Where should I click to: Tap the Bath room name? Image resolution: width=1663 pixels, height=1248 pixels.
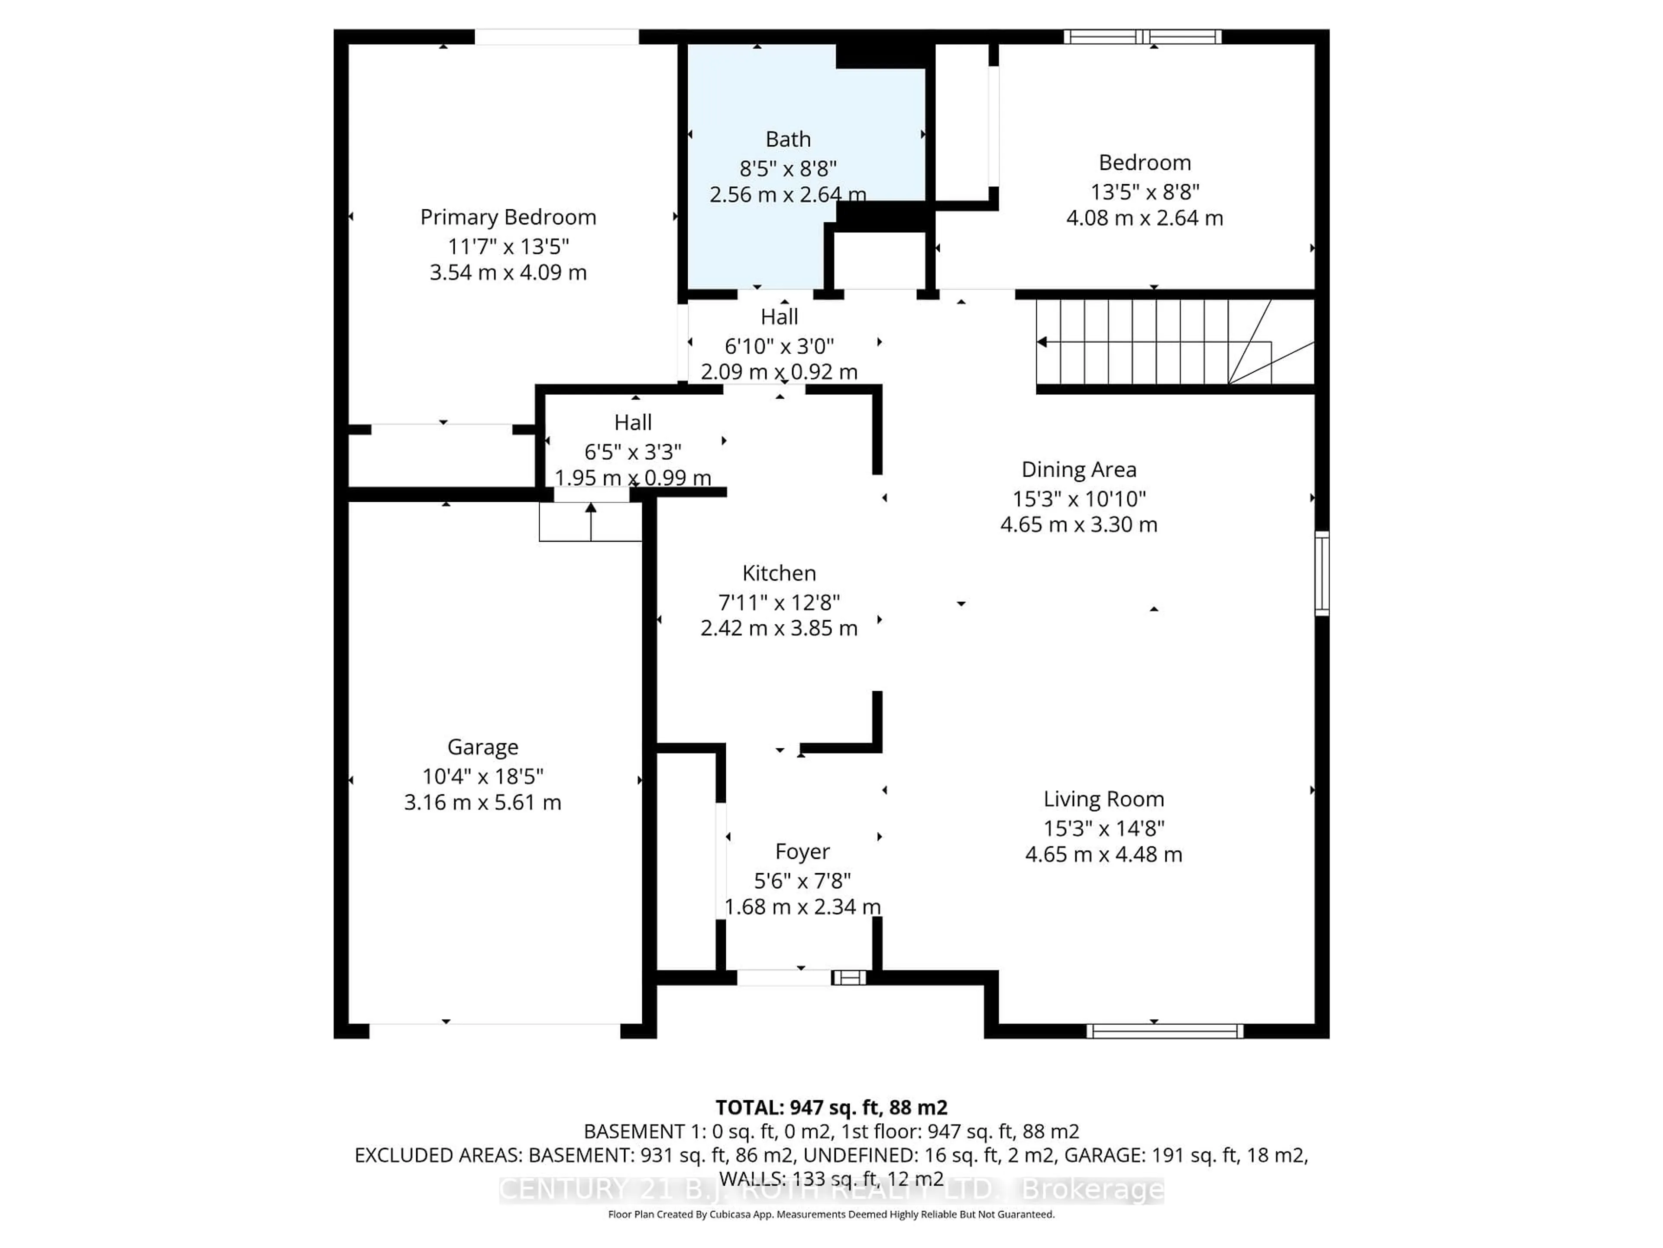[788, 139]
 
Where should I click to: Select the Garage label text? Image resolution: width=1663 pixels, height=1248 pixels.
[483, 747]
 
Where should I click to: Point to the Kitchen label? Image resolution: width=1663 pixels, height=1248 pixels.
[779, 573]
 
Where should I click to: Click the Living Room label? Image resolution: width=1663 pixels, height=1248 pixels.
[1103, 799]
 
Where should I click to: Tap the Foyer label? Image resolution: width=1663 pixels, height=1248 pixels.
[802, 851]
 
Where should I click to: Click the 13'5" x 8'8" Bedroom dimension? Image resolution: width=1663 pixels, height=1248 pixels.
[1144, 192]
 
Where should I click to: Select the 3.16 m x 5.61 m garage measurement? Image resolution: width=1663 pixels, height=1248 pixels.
[483, 803]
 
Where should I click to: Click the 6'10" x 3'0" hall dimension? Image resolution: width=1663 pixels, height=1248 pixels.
[779, 346]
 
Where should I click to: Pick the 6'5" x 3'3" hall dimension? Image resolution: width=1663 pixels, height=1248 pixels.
[633, 452]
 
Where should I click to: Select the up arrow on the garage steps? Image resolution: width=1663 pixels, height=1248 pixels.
[591, 509]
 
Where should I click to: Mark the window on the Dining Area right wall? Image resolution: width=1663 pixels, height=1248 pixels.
[1322, 573]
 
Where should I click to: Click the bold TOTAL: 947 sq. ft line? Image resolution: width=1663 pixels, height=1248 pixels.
[831, 1107]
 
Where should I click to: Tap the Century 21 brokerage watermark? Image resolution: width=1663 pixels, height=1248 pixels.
[831, 1190]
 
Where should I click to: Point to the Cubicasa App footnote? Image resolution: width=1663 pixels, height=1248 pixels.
[831, 1214]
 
